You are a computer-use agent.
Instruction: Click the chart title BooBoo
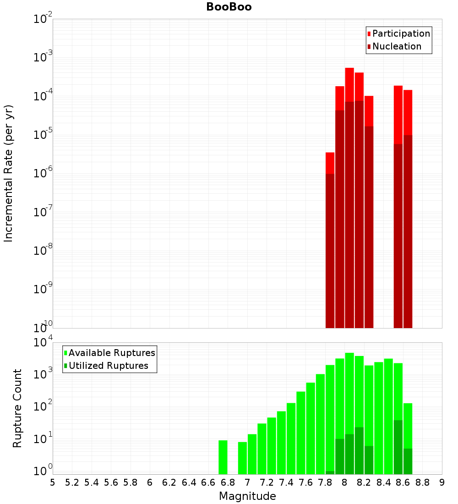pyautogui.click(x=229, y=7)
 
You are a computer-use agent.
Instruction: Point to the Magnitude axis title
pyautogui.click(x=247, y=496)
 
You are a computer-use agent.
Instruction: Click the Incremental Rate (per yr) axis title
pyautogui.click(x=9, y=173)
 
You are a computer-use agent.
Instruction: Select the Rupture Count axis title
pyautogui.click(x=17, y=408)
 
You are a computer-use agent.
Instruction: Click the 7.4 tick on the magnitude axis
pyautogui.click(x=286, y=482)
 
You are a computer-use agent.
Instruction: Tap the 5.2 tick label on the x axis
pyautogui.click(x=72, y=482)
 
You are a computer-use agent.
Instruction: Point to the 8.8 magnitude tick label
pyautogui.click(x=423, y=482)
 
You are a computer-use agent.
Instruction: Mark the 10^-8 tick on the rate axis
pyautogui.click(x=43, y=251)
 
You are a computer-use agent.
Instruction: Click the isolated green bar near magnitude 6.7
pyautogui.click(x=223, y=457)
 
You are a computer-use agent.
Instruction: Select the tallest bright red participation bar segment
pyautogui.click(x=349, y=85)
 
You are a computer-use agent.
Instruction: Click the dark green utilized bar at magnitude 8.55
pyautogui.click(x=398, y=447)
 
